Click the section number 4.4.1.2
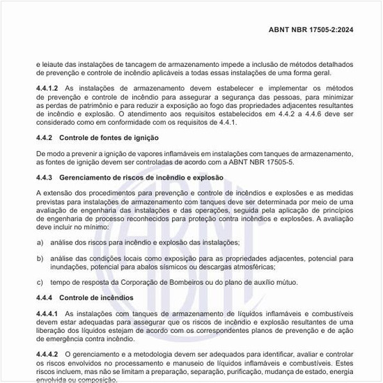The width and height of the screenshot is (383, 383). (47, 88)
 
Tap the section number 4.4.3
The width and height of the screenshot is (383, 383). (44, 178)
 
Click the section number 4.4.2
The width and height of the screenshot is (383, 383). (44, 138)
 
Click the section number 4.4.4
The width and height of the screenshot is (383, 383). (44, 298)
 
